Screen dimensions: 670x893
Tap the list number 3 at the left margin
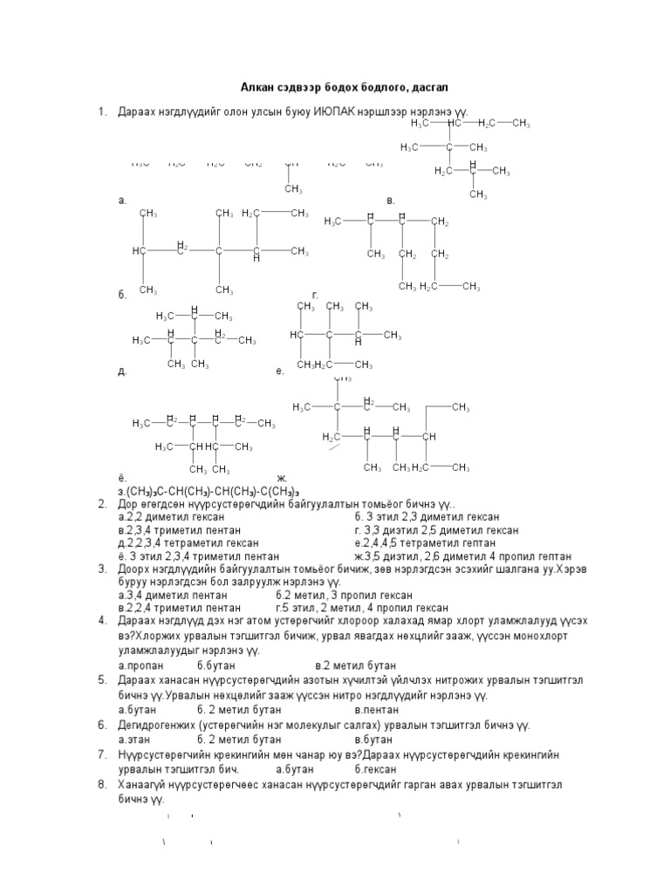(x=101, y=569)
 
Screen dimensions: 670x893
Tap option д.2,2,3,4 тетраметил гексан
(x=177, y=542)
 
